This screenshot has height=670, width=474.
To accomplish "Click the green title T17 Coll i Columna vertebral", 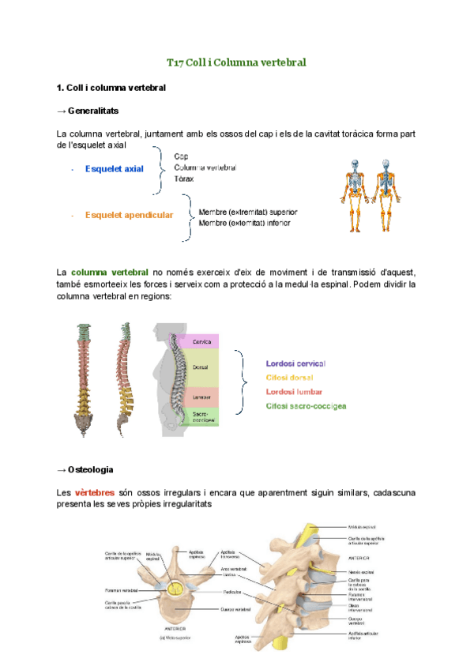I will coord(236,62).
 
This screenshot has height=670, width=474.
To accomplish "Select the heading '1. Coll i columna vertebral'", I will coord(111,87).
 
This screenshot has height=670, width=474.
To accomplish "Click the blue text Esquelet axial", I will coord(115,168).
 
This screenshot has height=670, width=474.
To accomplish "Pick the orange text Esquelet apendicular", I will coord(129,215).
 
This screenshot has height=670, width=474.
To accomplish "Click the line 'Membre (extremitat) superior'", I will coord(247,212).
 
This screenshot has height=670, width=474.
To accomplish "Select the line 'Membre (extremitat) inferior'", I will coord(244,223).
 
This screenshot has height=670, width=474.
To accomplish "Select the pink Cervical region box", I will coord(208,341).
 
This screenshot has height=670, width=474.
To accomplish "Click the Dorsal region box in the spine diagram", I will coord(208,368).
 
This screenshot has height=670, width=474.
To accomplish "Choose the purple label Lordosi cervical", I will coord(295,363).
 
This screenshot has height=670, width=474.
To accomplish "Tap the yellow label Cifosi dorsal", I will coord(289,378).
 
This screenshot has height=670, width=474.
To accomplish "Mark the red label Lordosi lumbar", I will coord(293,392).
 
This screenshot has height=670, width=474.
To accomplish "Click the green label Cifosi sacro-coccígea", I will coord(307,406).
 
